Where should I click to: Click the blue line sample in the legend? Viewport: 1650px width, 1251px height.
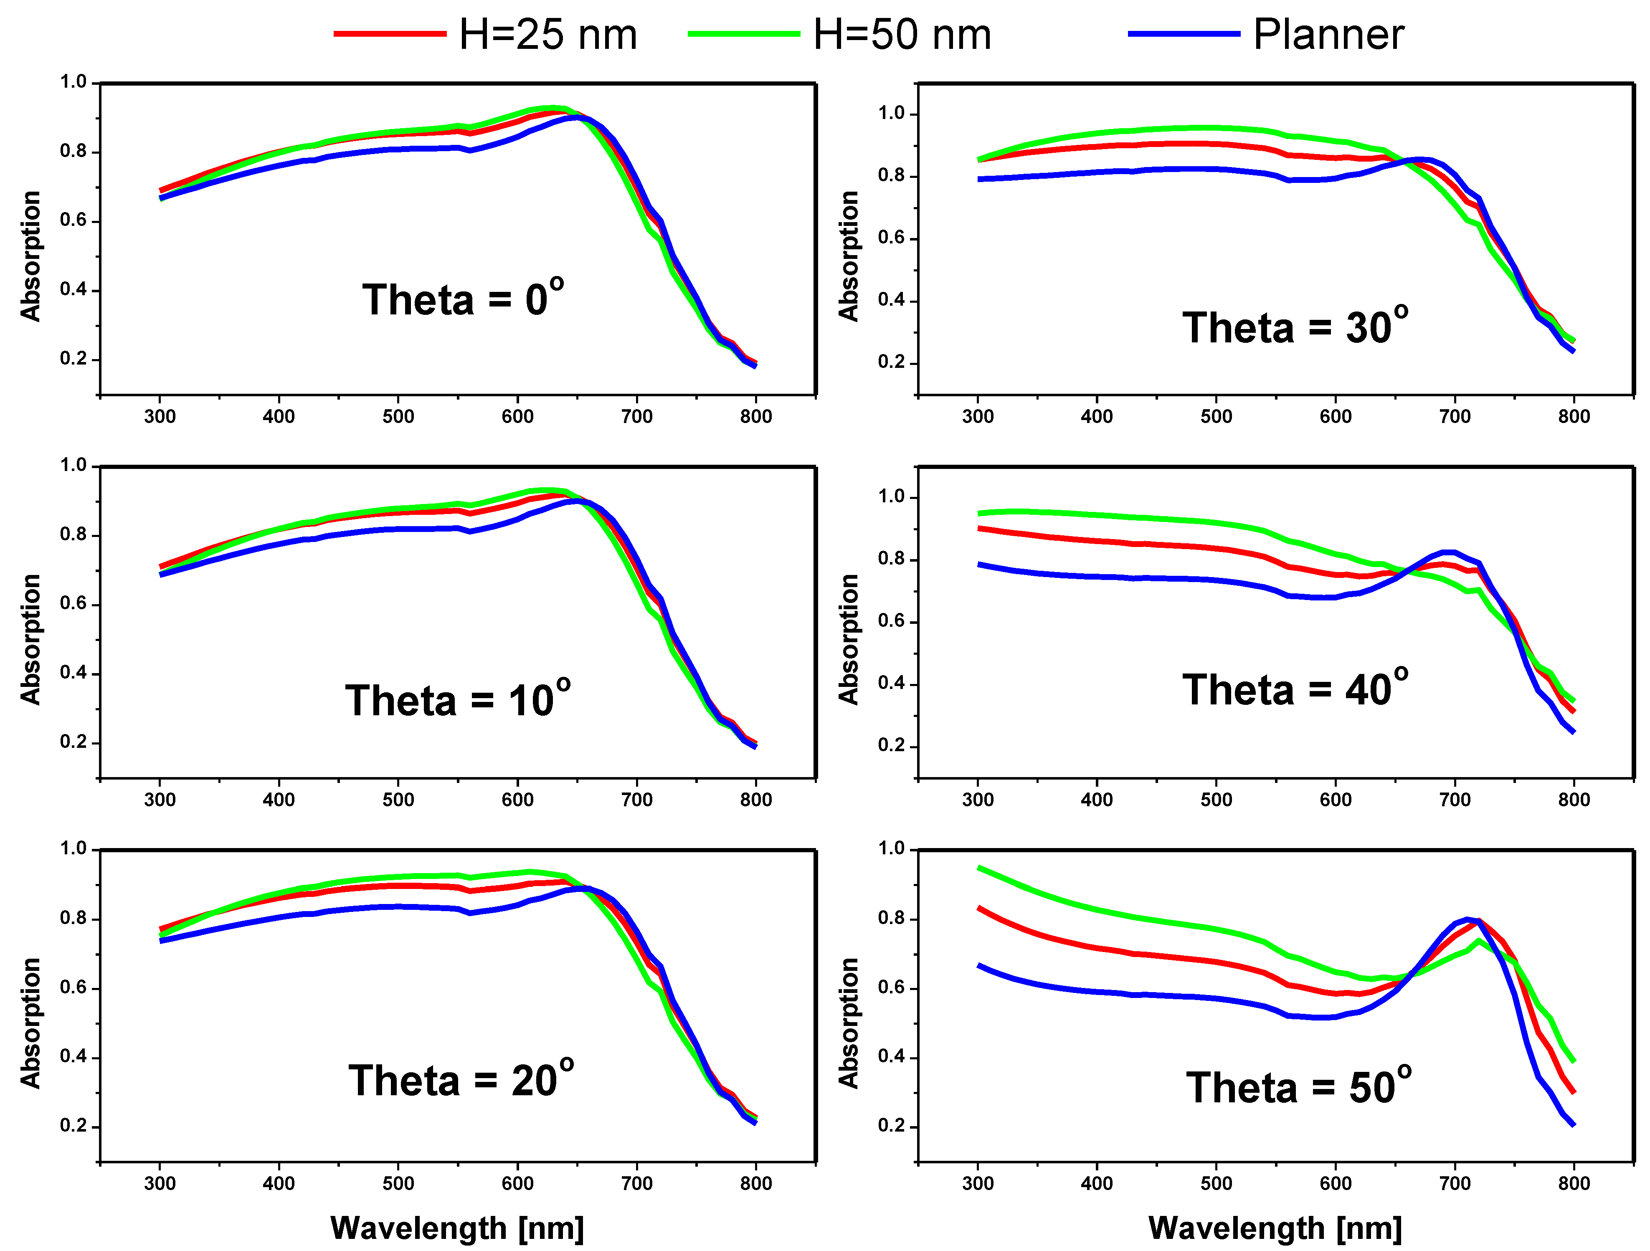pos(1184,33)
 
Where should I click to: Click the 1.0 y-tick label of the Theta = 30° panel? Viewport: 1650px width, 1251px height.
pos(891,114)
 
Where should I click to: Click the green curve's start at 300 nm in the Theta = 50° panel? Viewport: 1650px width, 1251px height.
pos(978,868)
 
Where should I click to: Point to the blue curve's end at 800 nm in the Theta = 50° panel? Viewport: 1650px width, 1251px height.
pos(1573,1124)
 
